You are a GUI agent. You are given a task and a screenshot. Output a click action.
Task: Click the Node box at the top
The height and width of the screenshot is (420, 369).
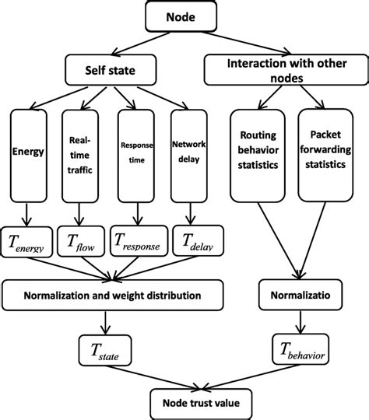click(x=185, y=16)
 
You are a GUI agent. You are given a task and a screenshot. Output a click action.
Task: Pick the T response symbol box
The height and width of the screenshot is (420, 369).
click(x=138, y=240)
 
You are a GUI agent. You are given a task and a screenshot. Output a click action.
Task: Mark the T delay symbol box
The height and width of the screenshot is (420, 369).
click(x=195, y=240)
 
